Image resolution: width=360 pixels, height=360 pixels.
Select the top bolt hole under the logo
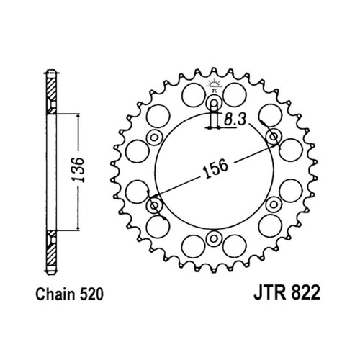[x=214, y=105]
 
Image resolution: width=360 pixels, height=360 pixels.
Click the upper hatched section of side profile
[x=51, y=94]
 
